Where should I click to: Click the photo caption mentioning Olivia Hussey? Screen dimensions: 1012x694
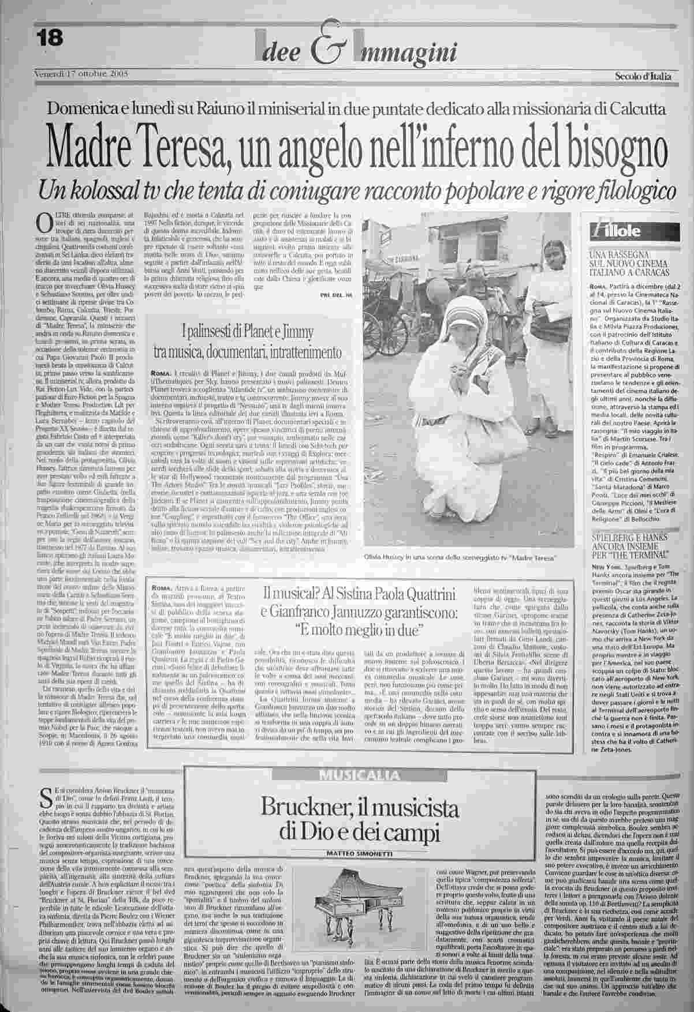(459, 558)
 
